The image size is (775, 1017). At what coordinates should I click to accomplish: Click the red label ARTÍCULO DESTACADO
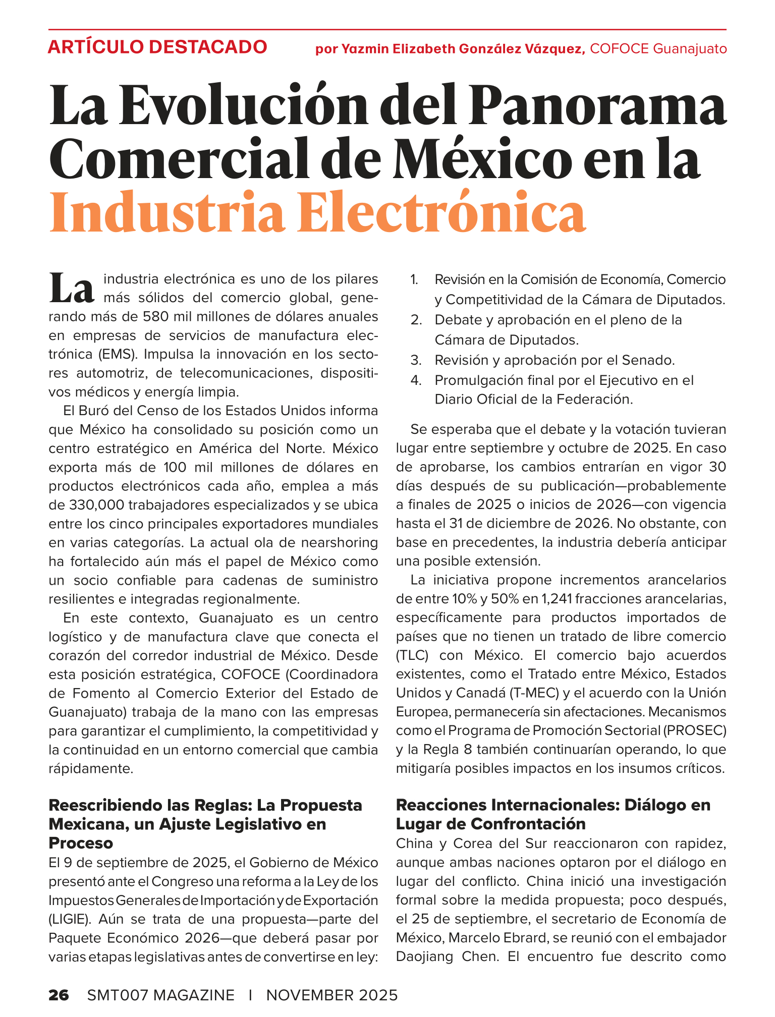click(157, 47)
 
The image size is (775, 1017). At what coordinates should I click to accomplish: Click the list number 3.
click(416, 360)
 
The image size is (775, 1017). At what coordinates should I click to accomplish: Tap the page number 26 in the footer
click(59, 995)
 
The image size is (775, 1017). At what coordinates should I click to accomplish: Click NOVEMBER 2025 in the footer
click(332, 995)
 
